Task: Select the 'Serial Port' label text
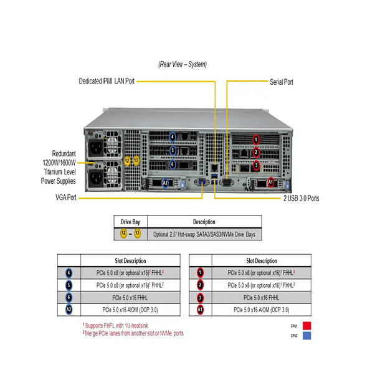pos(282,82)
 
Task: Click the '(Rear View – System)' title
pos(182,64)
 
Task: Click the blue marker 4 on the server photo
pos(173,136)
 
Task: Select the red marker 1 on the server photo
pos(255,138)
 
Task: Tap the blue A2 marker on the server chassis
pos(165,183)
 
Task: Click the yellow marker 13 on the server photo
pos(136,161)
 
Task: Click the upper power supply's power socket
pos(97,150)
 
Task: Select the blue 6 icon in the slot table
pos(68,297)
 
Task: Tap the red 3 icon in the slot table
pos(200,297)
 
